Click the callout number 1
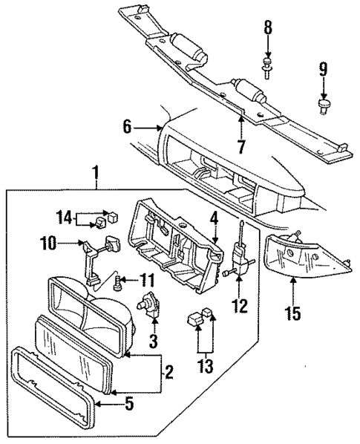click(x=94, y=175)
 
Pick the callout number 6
click(x=128, y=127)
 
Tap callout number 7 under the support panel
click(x=240, y=147)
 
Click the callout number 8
click(x=267, y=28)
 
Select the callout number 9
click(x=323, y=71)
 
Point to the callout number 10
click(x=48, y=243)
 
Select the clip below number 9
click(x=323, y=105)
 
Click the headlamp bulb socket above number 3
click(x=152, y=306)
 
